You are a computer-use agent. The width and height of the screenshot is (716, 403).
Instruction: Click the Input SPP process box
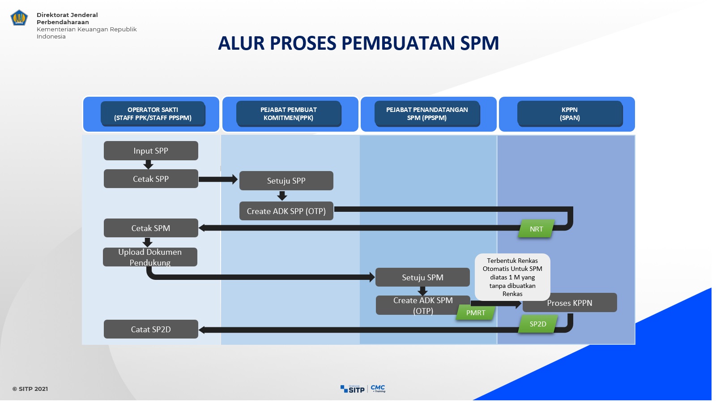click(x=151, y=151)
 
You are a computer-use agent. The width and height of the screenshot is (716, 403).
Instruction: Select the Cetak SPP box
click(x=151, y=179)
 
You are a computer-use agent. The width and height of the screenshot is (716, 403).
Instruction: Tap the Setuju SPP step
click(x=286, y=181)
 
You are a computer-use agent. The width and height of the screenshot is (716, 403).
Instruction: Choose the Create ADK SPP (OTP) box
click(x=286, y=211)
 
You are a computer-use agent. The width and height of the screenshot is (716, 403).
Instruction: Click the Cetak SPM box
click(x=151, y=228)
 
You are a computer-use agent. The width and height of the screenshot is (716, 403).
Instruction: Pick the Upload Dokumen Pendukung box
click(x=150, y=257)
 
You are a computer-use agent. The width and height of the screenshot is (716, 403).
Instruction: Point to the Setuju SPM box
click(x=422, y=277)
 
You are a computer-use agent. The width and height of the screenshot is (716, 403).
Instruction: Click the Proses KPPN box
click(x=570, y=303)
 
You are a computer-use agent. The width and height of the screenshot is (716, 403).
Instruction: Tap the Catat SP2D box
click(x=151, y=329)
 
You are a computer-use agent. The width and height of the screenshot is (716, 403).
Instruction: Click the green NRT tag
click(x=536, y=229)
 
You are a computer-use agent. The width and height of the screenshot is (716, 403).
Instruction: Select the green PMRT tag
click(x=475, y=313)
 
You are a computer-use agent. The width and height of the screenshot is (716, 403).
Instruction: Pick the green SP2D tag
click(x=537, y=324)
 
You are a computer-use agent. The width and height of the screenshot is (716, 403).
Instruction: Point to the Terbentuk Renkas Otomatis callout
click(x=512, y=277)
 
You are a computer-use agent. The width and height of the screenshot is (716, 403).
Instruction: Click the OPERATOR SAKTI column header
click(x=153, y=114)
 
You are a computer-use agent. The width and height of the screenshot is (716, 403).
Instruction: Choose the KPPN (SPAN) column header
click(x=570, y=114)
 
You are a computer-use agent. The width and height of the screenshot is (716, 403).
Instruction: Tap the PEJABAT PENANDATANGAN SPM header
click(x=427, y=114)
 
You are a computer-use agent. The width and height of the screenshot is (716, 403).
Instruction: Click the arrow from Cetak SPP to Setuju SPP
click(x=218, y=179)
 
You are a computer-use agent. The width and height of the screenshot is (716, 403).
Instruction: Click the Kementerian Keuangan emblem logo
click(x=19, y=18)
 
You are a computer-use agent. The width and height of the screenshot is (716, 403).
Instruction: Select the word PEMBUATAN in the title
click(x=398, y=43)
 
